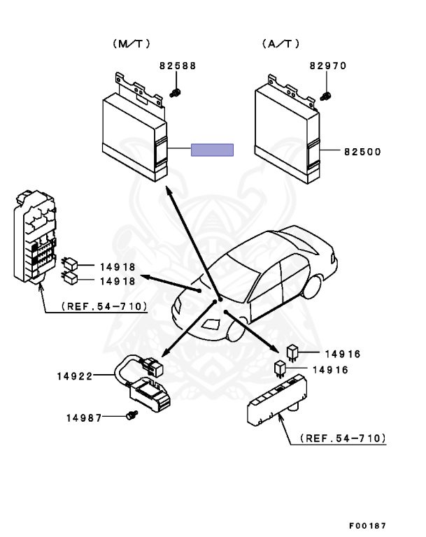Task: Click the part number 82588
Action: click(177, 66)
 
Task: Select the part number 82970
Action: click(328, 66)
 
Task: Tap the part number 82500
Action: click(363, 151)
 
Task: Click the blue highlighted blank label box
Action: click(213, 150)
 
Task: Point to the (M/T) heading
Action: click(131, 43)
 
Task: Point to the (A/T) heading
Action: click(281, 43)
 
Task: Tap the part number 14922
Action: click(75, 376)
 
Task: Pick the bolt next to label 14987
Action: click(129, 417)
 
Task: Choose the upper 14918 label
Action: click(117, 267)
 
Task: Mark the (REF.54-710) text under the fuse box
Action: click(104, 306)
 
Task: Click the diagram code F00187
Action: click(367, 525)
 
